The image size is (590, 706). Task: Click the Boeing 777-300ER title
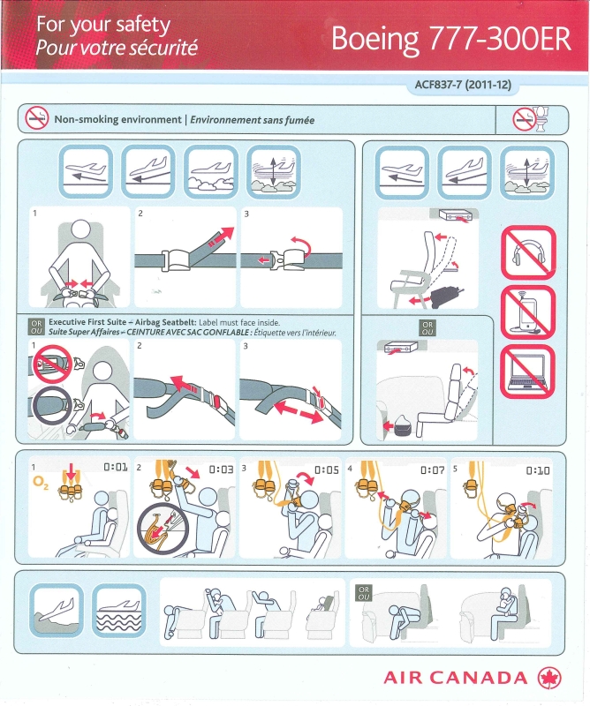pyautogui.click(x=451, y=39)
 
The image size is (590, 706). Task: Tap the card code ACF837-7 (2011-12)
pyautogui.click(x=463, y=84)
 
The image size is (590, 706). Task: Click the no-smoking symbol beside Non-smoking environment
pyautogui.click(x=36, y=119)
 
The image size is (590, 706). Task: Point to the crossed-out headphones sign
pyautogui.click(x=528, y=253)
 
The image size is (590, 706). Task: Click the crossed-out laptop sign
pyautogui.click(x=528, y=372)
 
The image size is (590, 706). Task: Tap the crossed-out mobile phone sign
pyautogui.click(x=528, y=312)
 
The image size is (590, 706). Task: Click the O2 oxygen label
pyautogui.click(x=41, y=483)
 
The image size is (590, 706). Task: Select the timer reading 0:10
pyautogui.click(x=538, y=470)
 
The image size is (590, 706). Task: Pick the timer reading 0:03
pyautogui.click(x=221, y=469)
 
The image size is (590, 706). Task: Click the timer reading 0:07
pyautogui.click(x=432, y=470)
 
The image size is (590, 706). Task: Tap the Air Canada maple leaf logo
pyautogui.click(x=549, y=678)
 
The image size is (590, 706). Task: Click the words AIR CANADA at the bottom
pyautogui.click(x=455, y=678)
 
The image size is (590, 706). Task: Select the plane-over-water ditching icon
pyautogui.click(x=119, y=611)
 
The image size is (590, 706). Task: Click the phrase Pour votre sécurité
pyautogui.click(x=117, y=48)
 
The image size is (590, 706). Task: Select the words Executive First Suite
pyautogui.click(x=87, y=322)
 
